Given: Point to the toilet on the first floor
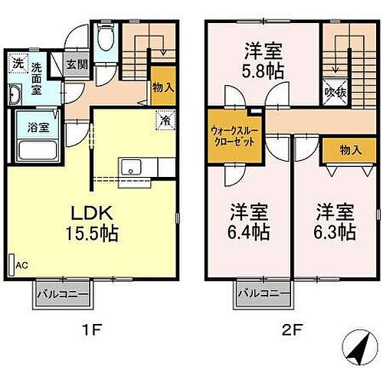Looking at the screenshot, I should coord(106,38).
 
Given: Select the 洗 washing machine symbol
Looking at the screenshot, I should coord(17,63).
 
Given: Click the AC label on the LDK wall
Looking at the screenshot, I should coord(21,266).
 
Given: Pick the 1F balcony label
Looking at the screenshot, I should coord(62,294).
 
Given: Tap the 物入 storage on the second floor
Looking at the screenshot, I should coord(349,149).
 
